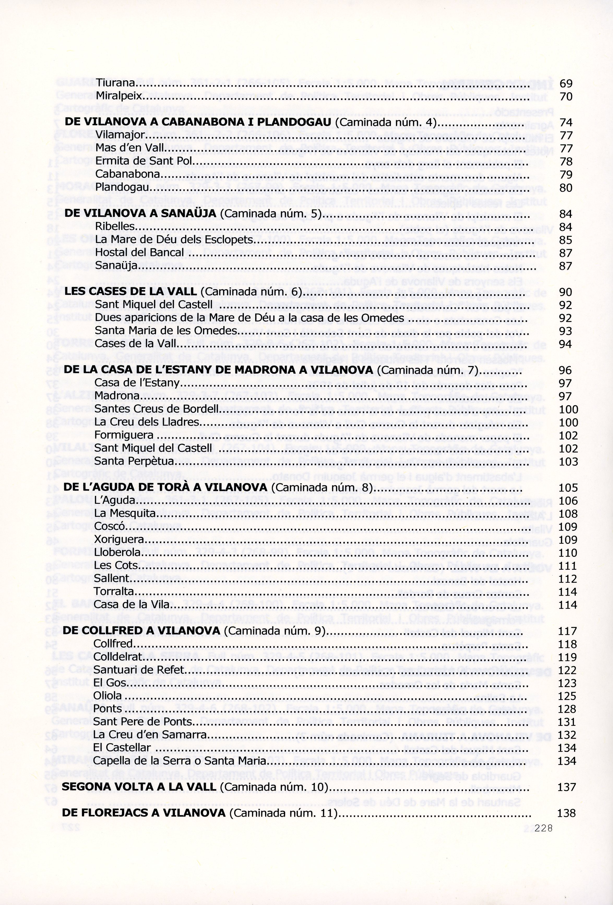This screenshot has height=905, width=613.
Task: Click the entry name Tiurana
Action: click(115, 83)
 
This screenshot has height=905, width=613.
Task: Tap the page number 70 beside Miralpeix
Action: click(566, 96)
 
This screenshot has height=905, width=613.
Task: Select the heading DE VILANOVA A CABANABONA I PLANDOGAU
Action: click(198, 122)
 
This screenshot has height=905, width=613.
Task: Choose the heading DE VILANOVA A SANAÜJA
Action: click(140, 213)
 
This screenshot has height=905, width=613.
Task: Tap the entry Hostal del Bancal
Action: click(139, 253)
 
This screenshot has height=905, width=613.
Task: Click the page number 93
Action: click(566, 331)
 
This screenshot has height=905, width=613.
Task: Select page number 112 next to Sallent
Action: click(567, 579)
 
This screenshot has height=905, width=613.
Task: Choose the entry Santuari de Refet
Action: click(138, 670)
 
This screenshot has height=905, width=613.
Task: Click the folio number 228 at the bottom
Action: click(544, 828)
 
